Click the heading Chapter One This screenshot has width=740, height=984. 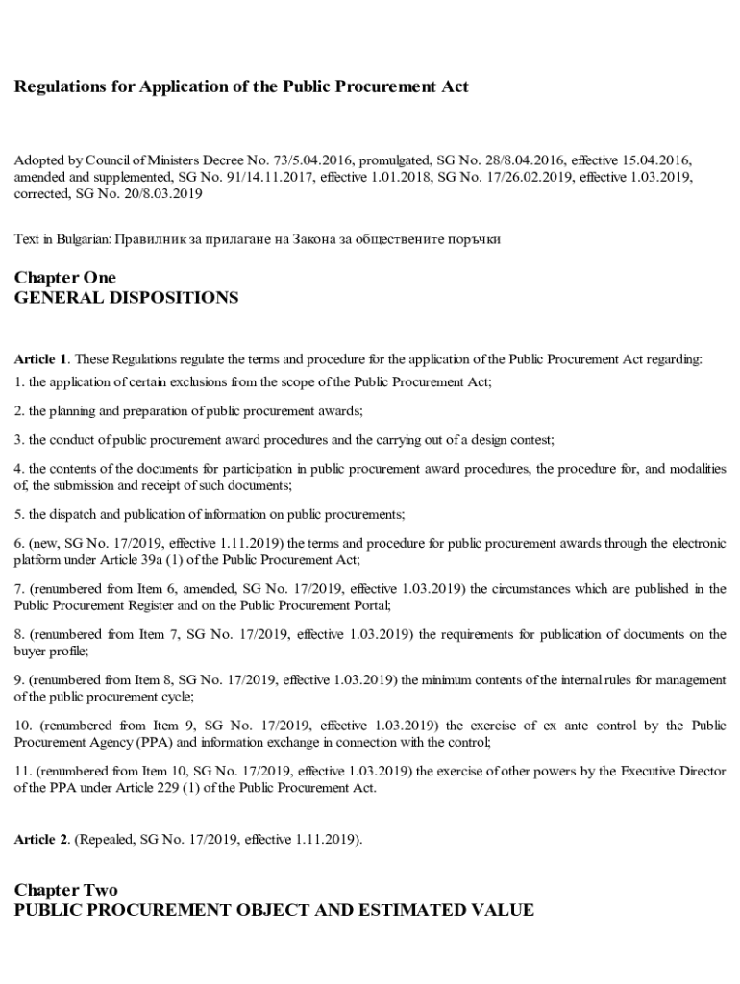65,278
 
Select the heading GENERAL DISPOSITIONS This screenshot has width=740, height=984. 126,298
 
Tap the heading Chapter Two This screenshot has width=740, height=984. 65,890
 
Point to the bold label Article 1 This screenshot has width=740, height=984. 40,359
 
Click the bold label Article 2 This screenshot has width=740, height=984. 40,839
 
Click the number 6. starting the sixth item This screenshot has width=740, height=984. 19,543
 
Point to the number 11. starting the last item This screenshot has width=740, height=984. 23,772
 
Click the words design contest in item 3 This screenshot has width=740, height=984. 515,439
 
